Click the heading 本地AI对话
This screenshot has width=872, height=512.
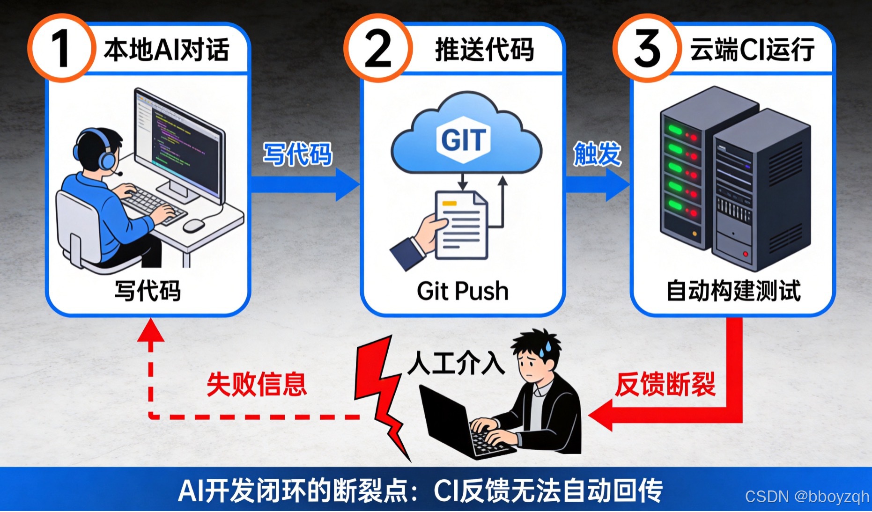tap(167, 50)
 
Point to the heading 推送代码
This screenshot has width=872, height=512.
tap(485, 50)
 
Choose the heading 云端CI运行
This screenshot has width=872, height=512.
tap(752, 50)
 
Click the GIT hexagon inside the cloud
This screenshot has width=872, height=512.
tap(464, 139)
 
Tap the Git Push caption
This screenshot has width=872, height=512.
tap(463, 291)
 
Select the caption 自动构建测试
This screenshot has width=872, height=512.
tap(733, 291)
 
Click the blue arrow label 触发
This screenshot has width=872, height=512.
tap(597, 154)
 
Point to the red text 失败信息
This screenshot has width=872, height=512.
tap(257, 384)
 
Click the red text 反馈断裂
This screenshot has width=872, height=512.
tap(665, 384)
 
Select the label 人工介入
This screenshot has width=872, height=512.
tap(456, 363)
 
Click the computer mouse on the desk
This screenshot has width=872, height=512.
tap(193, 226)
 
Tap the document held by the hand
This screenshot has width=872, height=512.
tap(462, 225)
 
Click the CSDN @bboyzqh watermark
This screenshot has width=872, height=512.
tap(806, 497)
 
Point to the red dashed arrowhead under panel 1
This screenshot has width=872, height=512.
tap(151, 330)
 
